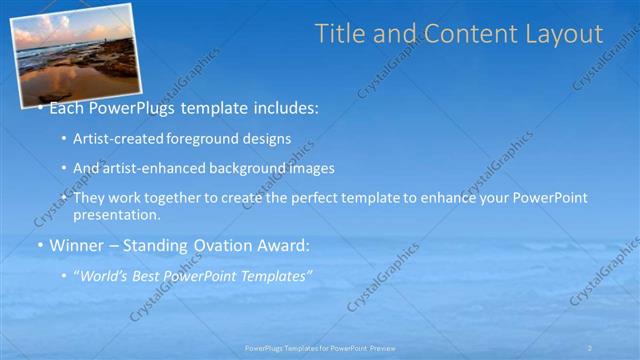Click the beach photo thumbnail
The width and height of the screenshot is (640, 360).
tap(75, 52)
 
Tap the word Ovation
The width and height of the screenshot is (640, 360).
tap(220, 245)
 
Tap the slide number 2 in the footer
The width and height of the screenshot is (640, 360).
tap(590, 348)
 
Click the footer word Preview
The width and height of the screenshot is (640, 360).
tap(408, 348)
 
